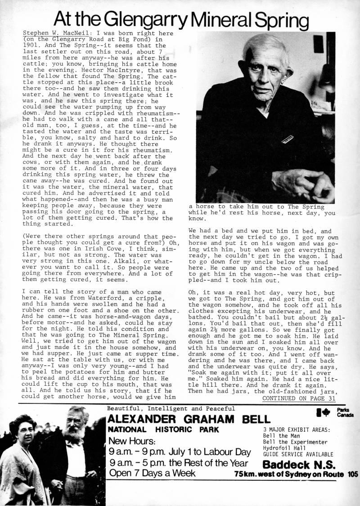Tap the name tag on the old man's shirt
coord(286,141)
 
